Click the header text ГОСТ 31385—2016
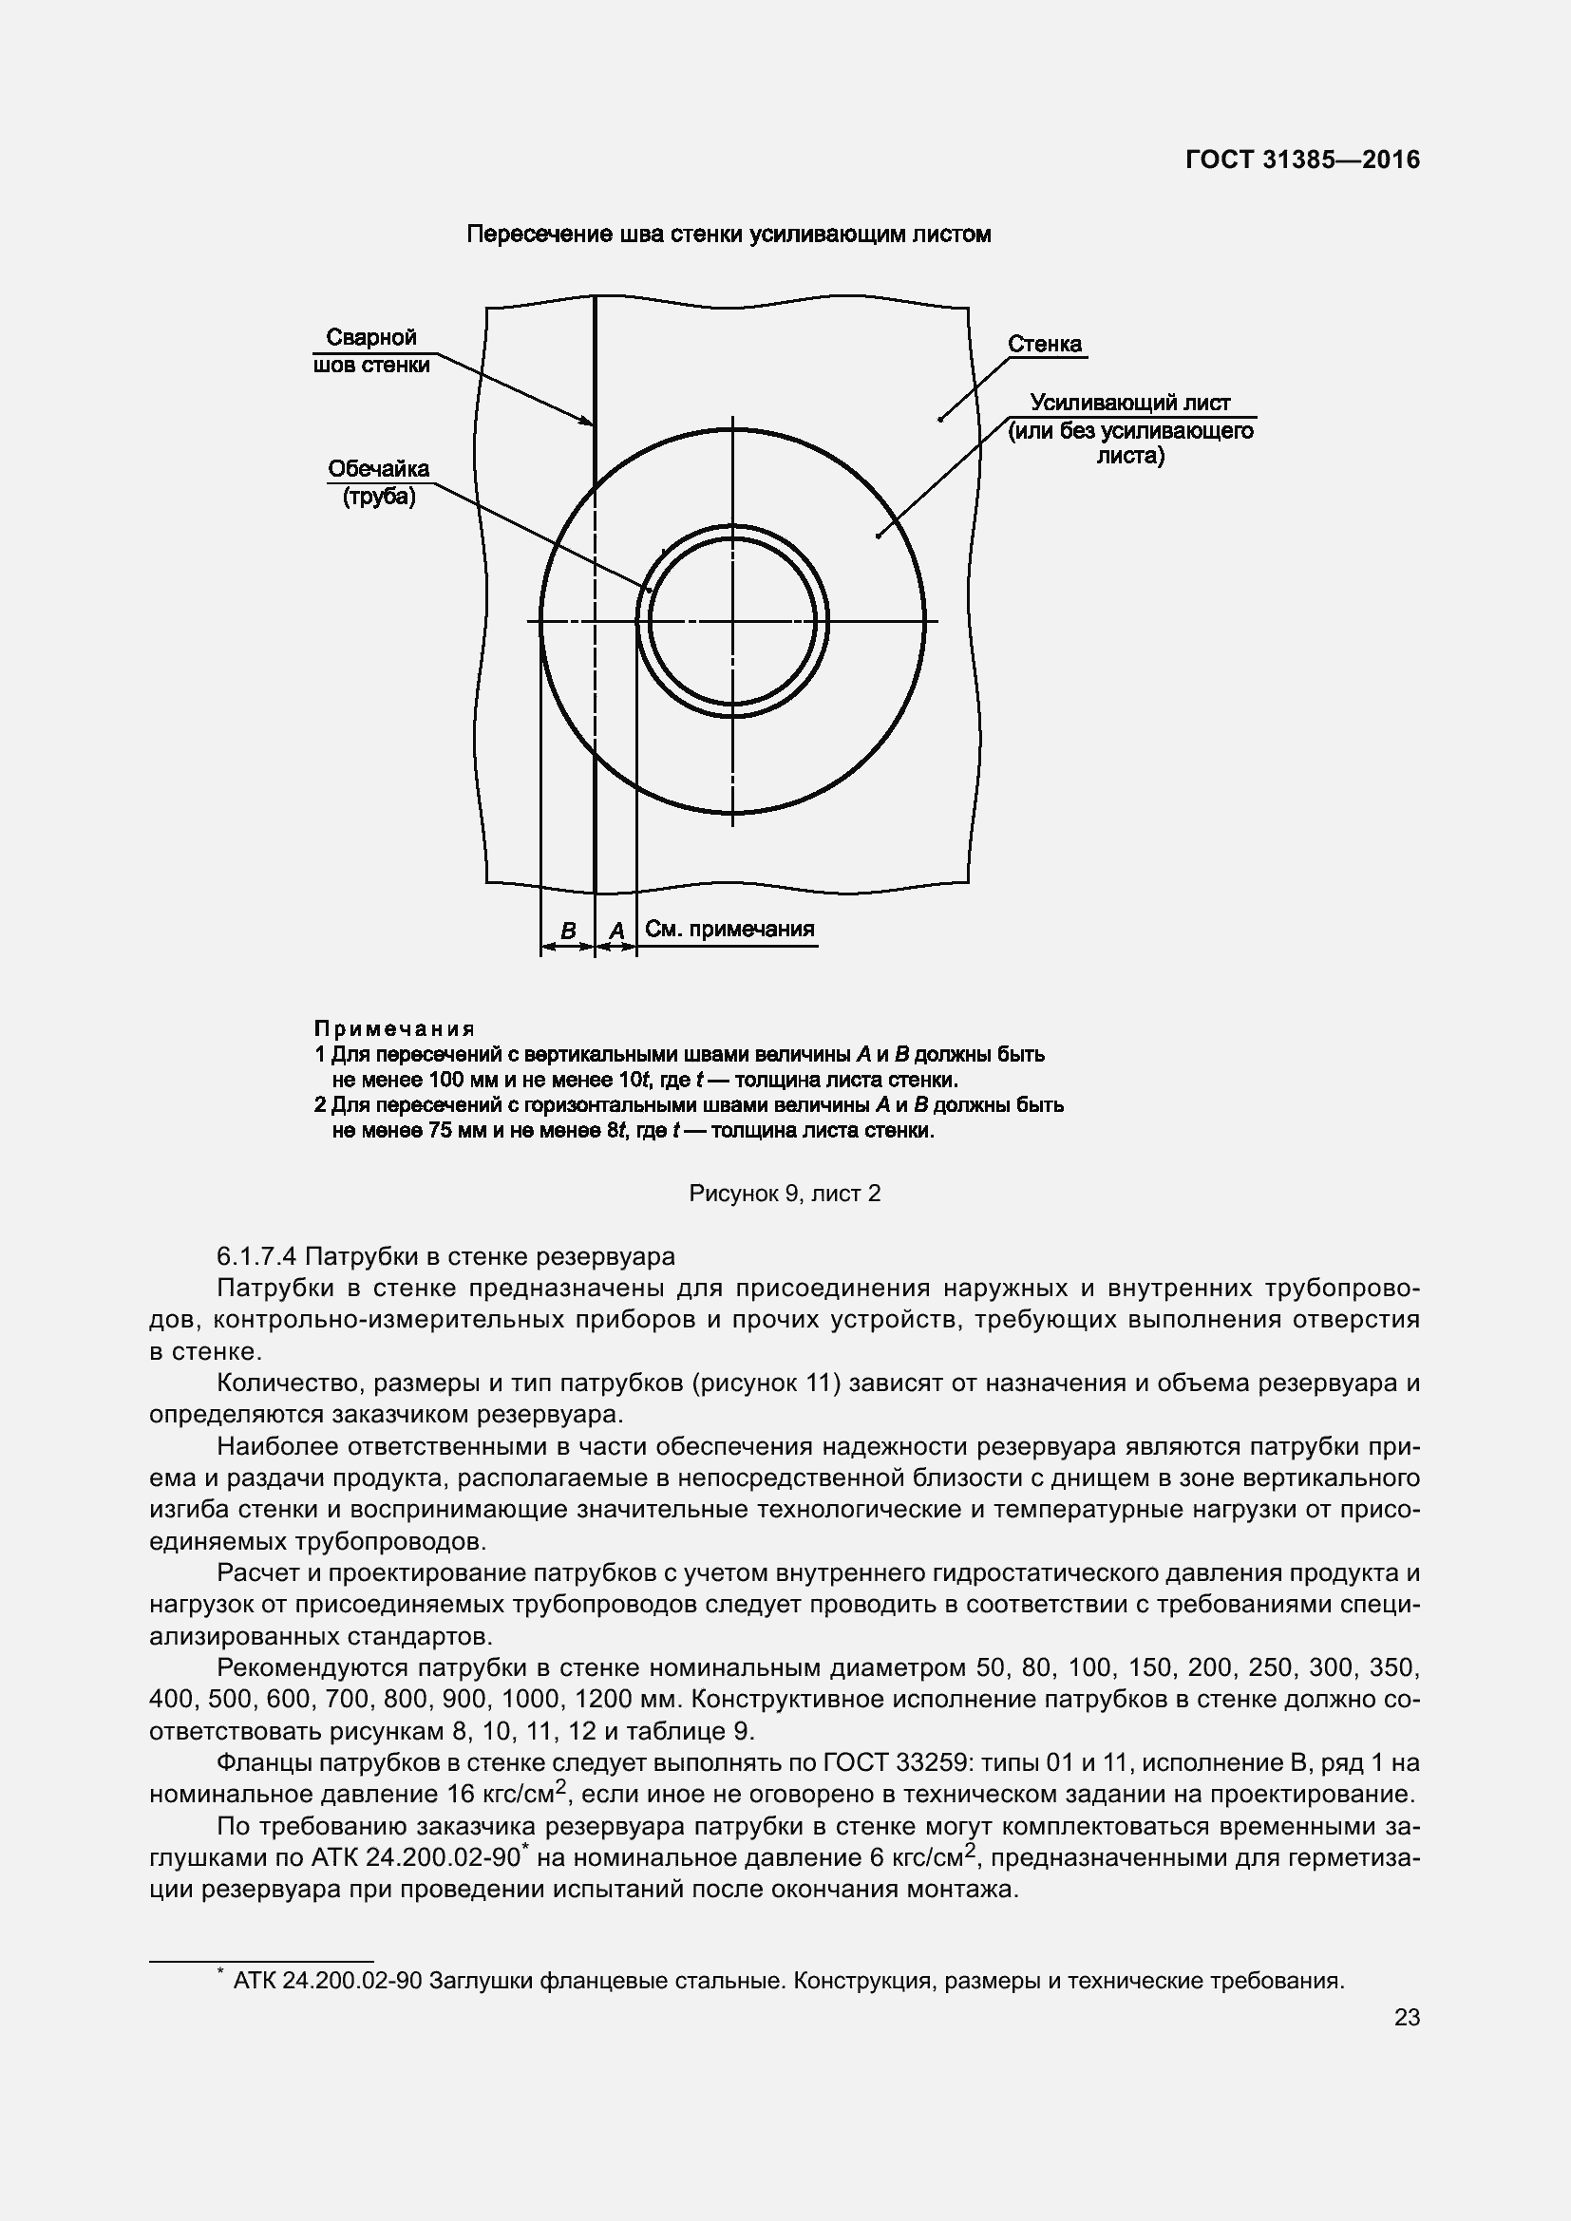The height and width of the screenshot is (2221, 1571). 1302,160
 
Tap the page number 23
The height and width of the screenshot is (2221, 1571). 1407,2017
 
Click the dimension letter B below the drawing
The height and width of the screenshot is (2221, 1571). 569,931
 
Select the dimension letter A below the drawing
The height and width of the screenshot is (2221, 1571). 616,931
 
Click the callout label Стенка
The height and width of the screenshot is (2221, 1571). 1045,345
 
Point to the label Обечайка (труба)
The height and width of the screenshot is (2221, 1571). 378,482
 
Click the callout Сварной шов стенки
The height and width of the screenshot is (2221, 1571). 371,351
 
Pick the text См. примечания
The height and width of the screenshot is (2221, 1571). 729,929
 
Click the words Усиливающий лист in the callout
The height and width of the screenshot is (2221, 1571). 1129,403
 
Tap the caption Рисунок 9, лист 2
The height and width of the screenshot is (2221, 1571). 785,1194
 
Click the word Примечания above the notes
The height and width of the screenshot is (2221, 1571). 395,1028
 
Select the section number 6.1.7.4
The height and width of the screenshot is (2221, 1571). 258,1256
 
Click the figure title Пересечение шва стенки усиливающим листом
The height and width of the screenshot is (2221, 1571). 729,235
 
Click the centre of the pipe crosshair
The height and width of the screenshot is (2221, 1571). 732,620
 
